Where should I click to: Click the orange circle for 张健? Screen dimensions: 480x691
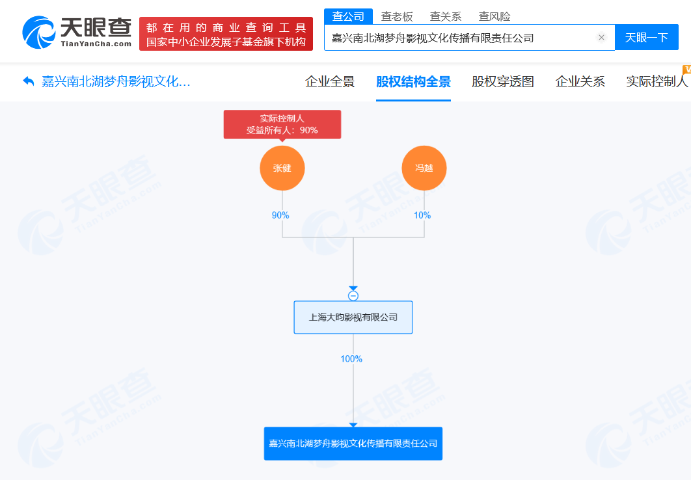pos(282,168)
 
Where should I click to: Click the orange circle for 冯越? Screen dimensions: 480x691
pos(424,168)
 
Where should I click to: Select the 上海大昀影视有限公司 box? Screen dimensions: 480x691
pos(353,317)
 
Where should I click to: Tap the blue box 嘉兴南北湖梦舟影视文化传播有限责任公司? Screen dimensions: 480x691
pos(353,444)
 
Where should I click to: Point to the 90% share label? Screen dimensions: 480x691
pos(280,215)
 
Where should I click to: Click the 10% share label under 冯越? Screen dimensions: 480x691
pos(422,215)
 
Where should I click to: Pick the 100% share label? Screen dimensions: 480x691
pos(351,359)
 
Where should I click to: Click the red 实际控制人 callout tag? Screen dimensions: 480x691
pos(282,124)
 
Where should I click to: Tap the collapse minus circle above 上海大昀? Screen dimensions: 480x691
pos(353,296)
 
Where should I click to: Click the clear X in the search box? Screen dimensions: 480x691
pos(601,38)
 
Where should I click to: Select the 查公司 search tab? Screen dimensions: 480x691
pos(348,16)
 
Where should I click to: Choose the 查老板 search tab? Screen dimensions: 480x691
pos(397,16)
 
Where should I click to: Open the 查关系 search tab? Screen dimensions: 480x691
pos(446,16)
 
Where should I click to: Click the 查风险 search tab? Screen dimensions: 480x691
pos(495,16)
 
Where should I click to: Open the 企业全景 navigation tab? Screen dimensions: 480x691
pos(330,82)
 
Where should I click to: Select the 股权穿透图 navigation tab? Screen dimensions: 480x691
pos(503,82)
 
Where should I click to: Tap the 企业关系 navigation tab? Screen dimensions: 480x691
pos(580,82)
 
